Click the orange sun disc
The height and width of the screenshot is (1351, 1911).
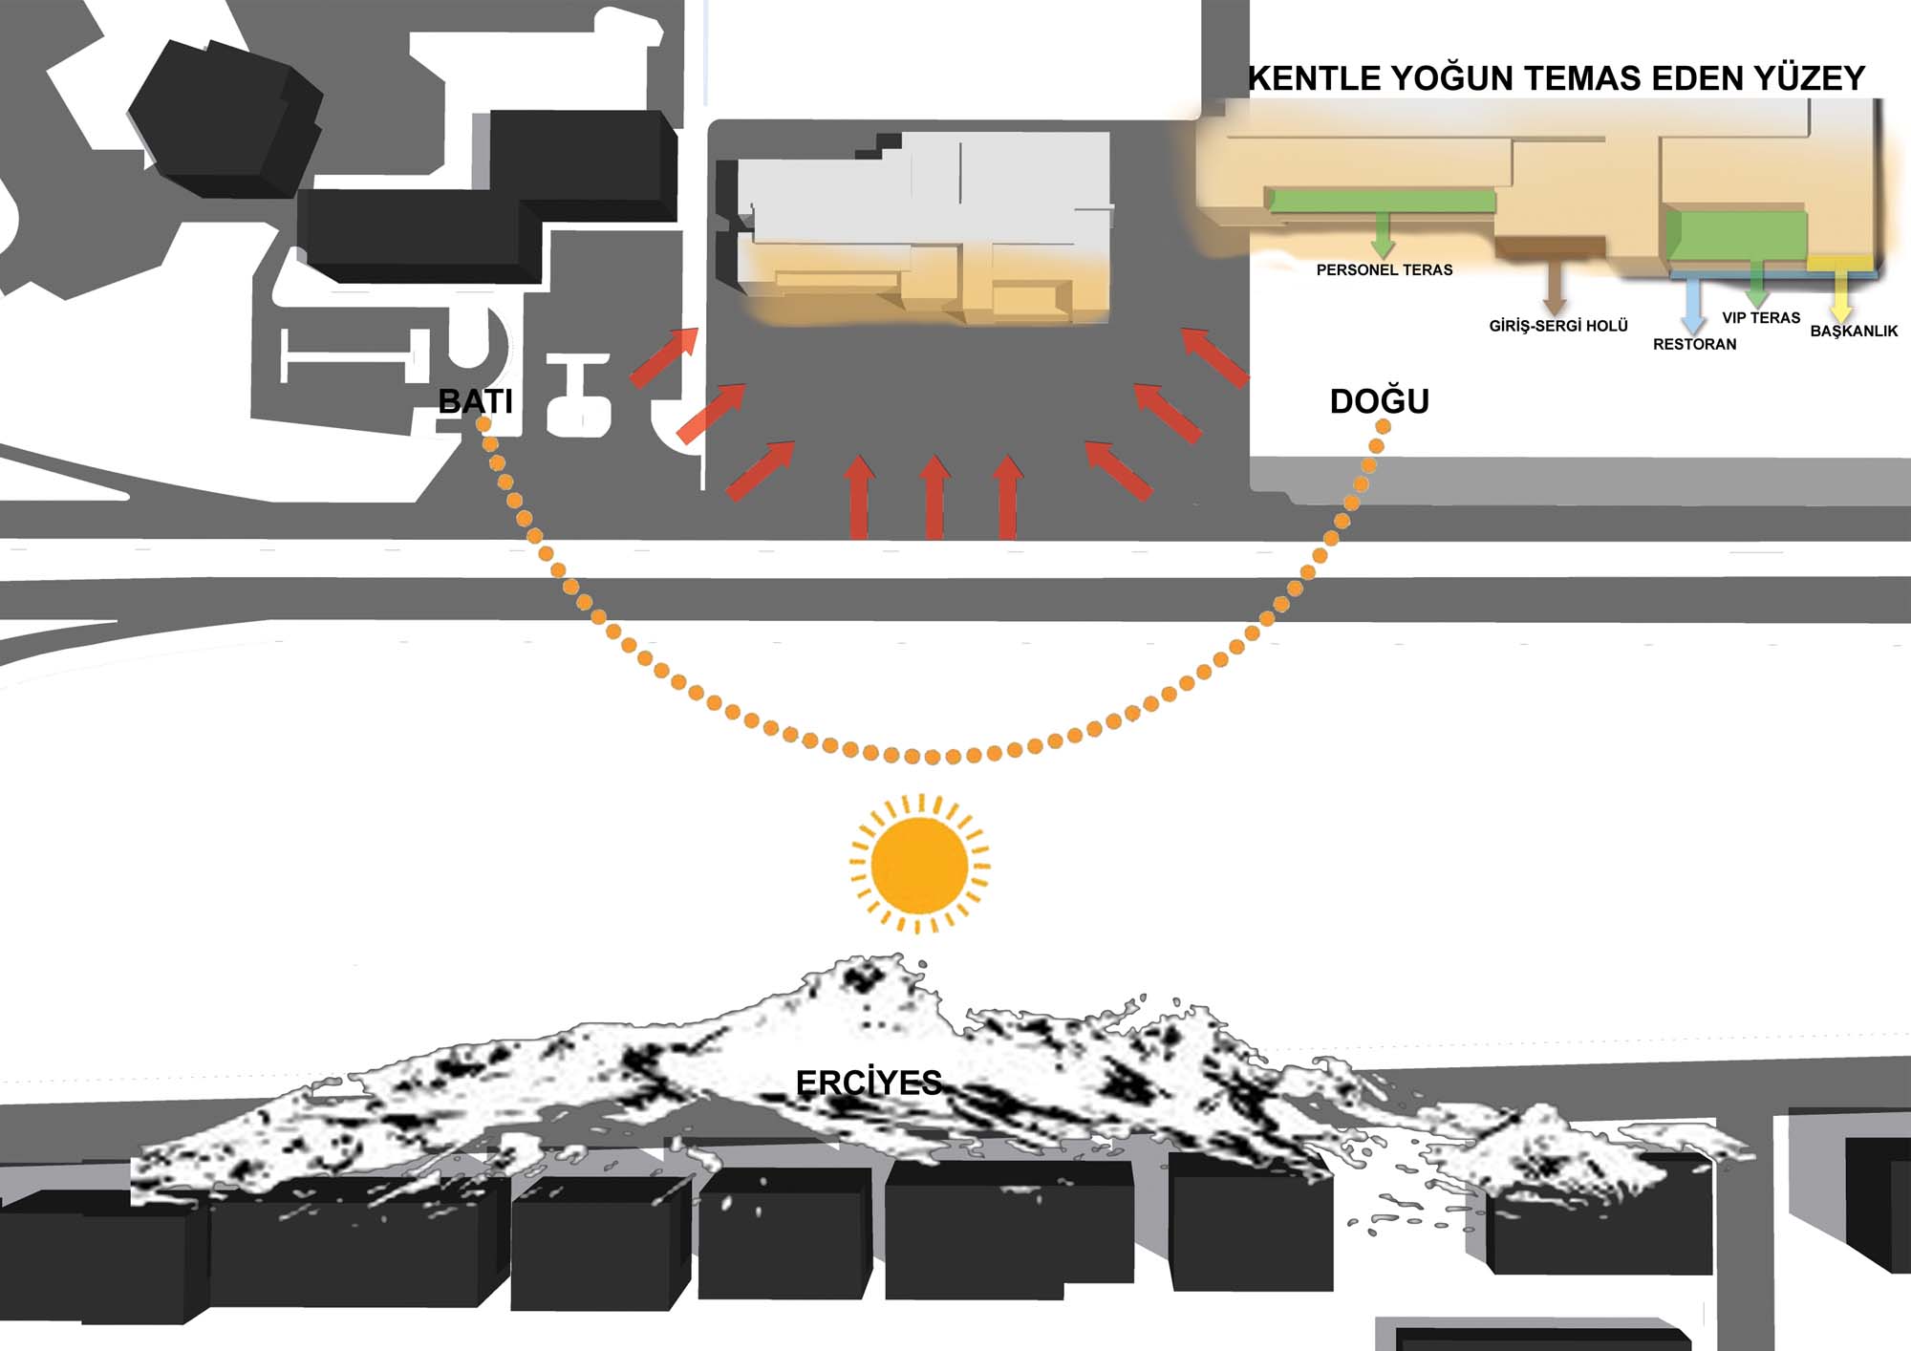coord(919,864)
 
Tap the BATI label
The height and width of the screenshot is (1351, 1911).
coord(475,401)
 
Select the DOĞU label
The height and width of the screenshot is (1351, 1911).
coord(1379,401)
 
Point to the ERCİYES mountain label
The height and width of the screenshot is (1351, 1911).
coord(869,1083)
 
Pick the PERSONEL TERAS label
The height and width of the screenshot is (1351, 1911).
coord(1384,270)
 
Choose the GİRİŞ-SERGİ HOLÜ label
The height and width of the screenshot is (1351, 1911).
coord(1557,326)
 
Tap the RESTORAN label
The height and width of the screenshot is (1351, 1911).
coord(1694,344)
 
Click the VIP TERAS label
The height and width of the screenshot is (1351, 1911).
coord(1760,318)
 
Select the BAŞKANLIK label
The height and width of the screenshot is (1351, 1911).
coord(1853,332)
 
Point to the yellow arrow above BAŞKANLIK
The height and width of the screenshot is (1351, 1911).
coord(1840,296)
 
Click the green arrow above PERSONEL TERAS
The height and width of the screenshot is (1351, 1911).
coord(1382,234)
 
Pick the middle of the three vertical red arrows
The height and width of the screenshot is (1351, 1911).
coord(934,497)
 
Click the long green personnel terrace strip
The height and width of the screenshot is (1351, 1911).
coord(1381,201)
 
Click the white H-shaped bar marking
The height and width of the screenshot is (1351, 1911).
coord(349,356)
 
